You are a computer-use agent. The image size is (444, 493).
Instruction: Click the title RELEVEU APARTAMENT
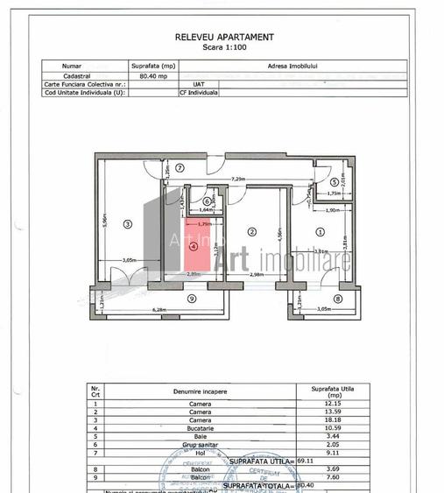coord(224,37)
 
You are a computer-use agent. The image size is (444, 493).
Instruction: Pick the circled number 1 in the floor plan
coord(320,232)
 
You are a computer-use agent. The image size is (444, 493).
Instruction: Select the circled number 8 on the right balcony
coord(337,299)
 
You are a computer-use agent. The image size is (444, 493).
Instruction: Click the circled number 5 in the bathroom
coord(334,181)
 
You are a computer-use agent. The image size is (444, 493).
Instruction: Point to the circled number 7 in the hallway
coord(178,167)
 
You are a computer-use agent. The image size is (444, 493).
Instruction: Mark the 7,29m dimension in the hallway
coord(237,179)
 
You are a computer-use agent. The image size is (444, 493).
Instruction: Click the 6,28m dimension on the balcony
coord(159,309)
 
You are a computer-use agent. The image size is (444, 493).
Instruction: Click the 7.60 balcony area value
coord(330,477)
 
